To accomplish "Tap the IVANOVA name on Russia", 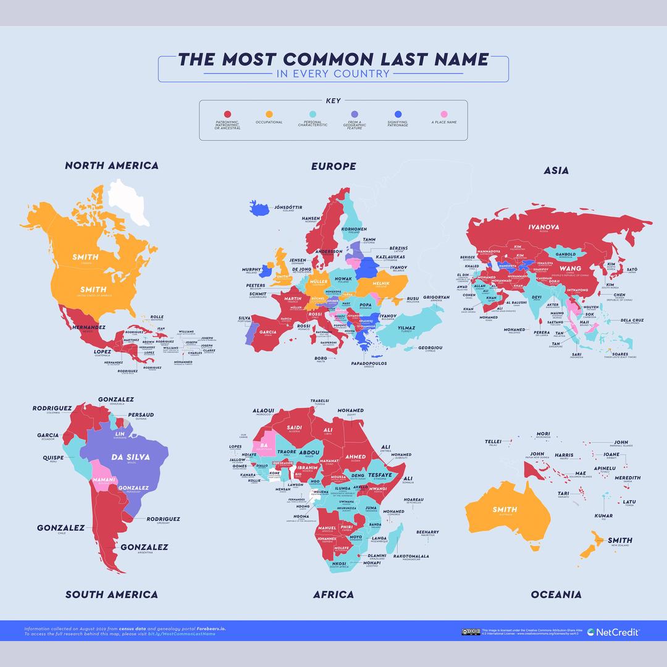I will coord(543,227).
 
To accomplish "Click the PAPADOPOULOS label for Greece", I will coord(369,363).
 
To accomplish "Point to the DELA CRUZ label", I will coord(631,321).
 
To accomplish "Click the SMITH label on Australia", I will coord(505,510).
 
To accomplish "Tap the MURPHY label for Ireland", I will coord(251,270).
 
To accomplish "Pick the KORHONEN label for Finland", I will coord(354,229).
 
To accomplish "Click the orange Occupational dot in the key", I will coord(269,114).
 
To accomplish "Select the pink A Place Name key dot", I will coord(443,114).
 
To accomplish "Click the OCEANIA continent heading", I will coord(556,595).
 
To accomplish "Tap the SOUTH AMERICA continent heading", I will coord(112,595).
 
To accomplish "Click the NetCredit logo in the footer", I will coord(613,632).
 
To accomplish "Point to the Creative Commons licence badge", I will coord(470,632).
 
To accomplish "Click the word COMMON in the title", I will coord(326,60).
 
